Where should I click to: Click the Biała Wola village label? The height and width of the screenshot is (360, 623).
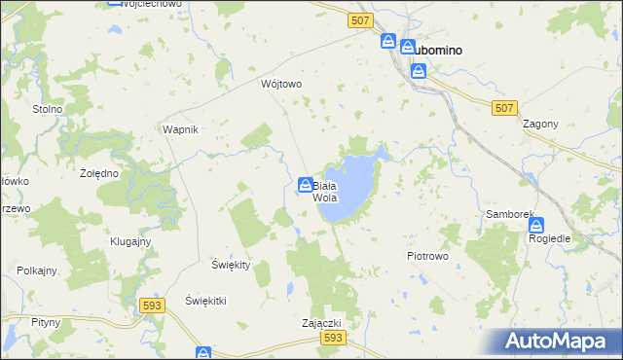(325, 191)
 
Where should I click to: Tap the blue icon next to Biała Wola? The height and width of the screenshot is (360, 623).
(305, 185)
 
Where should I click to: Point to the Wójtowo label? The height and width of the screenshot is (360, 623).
(281, 84)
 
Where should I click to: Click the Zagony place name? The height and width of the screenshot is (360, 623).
(540, 125)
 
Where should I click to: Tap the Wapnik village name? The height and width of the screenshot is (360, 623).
(181, 129)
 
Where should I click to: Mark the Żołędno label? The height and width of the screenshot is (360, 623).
(98, 173)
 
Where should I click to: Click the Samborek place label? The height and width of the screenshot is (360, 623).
(506, 213)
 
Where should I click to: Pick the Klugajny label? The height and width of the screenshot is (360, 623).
(129, 241)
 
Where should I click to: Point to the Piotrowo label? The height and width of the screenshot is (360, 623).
(426, 256)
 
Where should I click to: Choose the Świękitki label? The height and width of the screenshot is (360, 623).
(205, 301)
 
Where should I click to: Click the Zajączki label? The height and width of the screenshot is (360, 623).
(321, 322)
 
